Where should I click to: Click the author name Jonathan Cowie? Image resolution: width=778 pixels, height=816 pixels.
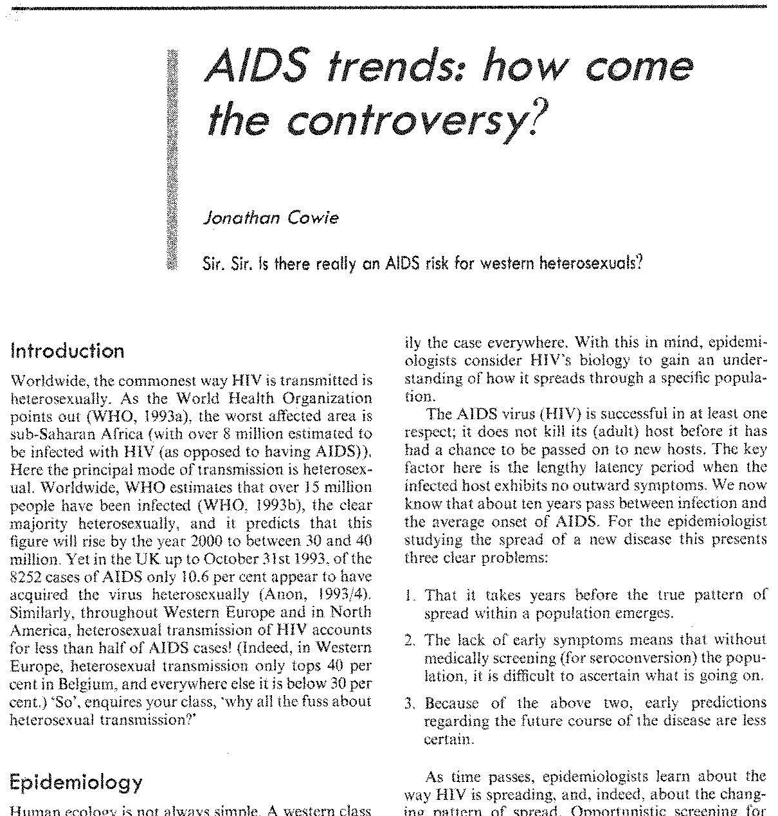(271, 217)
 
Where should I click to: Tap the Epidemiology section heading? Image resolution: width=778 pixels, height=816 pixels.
(77, 782)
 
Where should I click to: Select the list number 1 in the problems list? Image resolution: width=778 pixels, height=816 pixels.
(410, 595)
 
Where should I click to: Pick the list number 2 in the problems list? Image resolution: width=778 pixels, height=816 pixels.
(410, 640)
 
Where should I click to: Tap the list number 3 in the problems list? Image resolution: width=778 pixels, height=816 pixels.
(410, 703)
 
